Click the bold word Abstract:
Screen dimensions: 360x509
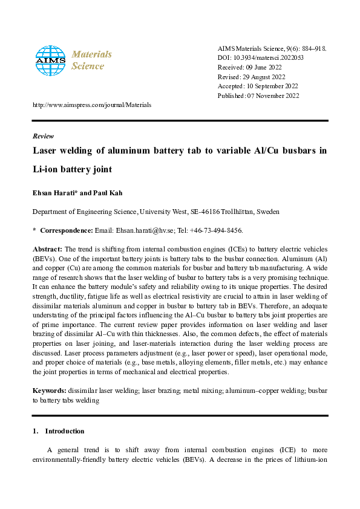[x=47, y=249]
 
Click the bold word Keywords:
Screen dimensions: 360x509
[x=49, y=391]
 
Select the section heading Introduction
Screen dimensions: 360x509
[x=65, y=431]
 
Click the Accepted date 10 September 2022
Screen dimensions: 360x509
[x=273, y=86]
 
